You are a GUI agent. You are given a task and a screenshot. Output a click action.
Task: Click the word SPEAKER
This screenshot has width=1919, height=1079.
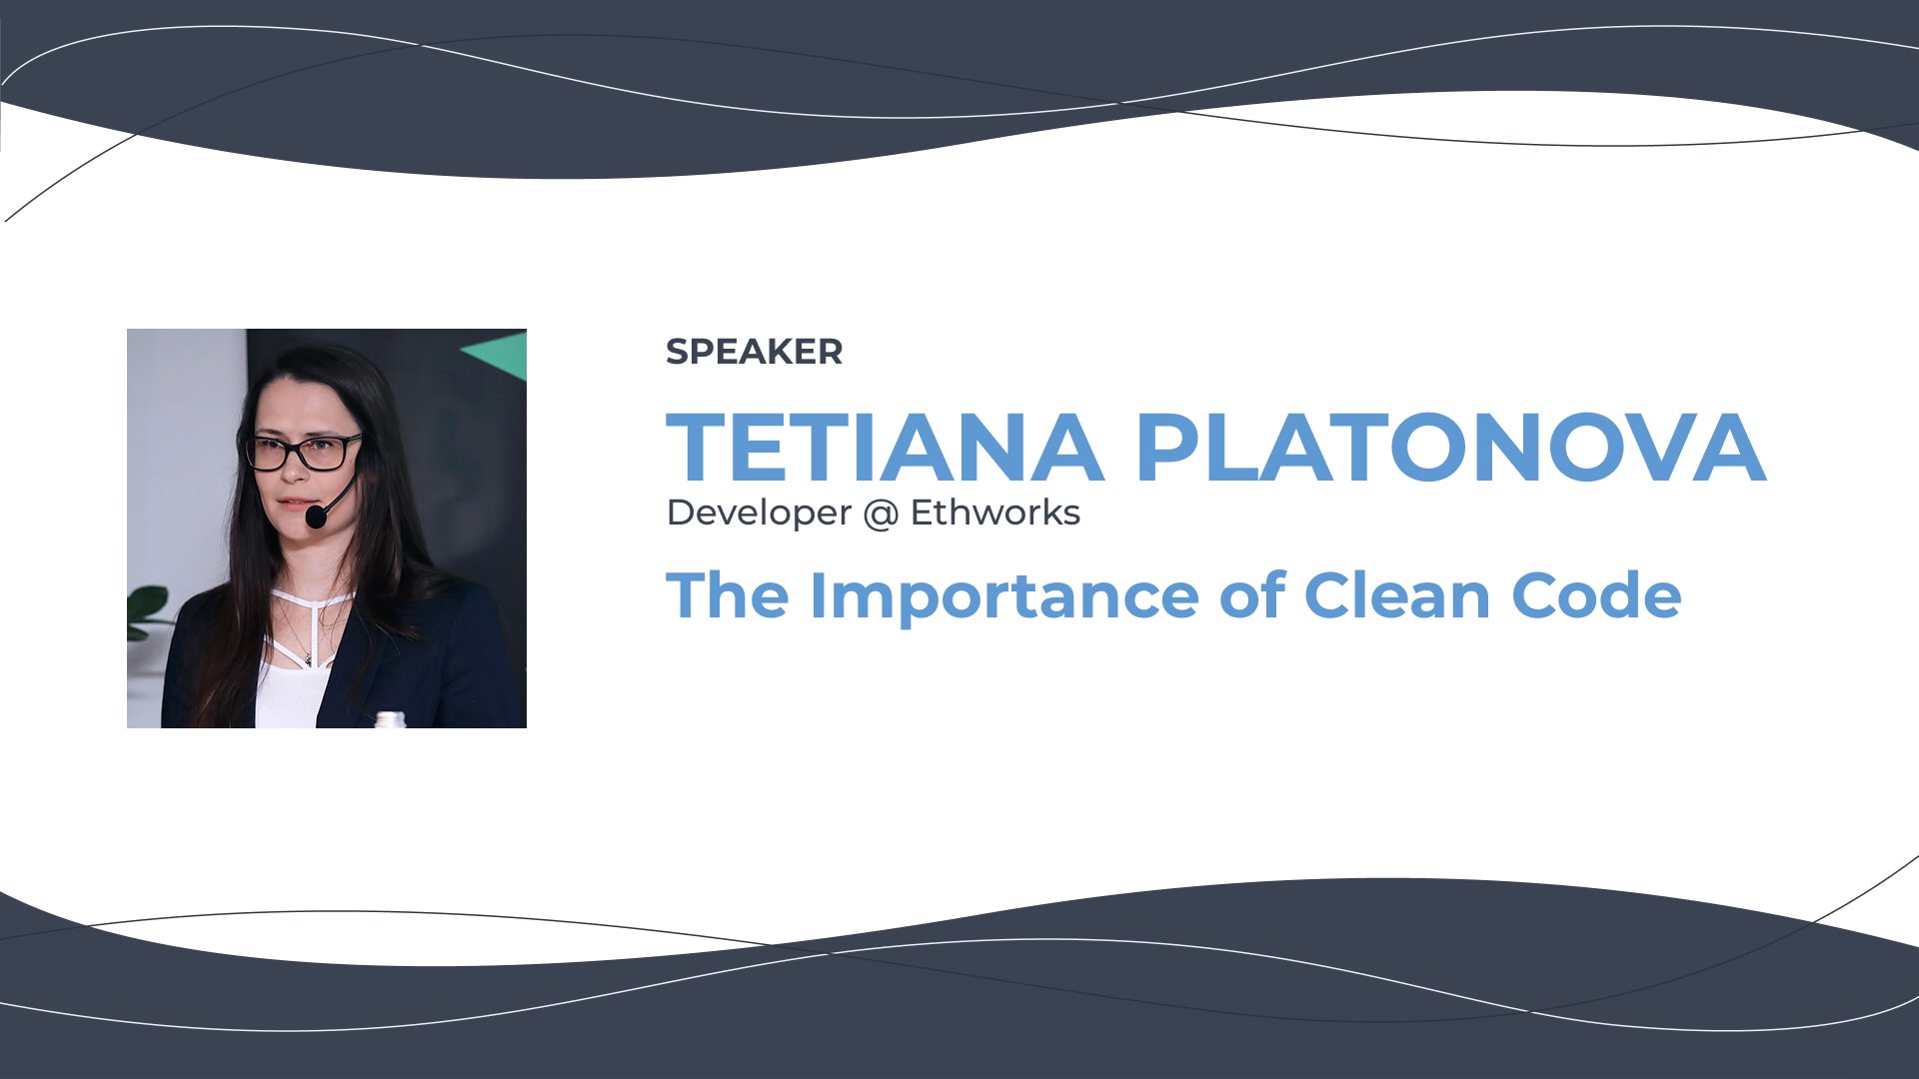[754, 352]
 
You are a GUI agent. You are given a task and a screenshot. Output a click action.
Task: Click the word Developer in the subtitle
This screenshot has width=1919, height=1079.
[759, 514]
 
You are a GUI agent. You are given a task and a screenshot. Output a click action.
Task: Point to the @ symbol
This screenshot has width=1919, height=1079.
[881, 515]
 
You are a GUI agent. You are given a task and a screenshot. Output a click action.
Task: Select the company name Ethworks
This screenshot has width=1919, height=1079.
[994, 513]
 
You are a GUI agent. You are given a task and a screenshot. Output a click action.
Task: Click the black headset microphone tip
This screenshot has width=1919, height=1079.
[316, 517]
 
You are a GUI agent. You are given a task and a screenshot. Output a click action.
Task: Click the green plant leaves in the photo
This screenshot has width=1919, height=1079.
[148, 610]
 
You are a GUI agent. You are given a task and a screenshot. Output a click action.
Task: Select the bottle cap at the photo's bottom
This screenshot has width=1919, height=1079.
[390, 719]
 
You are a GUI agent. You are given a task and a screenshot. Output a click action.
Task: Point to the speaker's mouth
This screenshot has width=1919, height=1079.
[293, 504]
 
